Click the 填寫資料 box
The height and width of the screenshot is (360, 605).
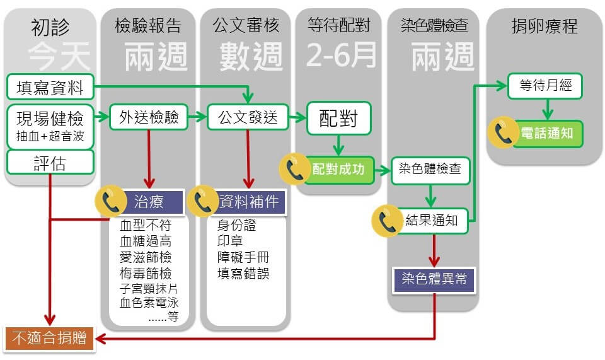(50, 87)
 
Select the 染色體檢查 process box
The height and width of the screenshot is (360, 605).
(430, 170)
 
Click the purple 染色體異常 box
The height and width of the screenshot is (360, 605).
(434, 278)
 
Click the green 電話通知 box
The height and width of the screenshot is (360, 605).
(548, 134)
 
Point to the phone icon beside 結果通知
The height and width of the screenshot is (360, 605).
(387, 221)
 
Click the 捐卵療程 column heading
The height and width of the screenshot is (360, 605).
(544, 26)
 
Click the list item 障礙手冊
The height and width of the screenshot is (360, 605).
(243, 258)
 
